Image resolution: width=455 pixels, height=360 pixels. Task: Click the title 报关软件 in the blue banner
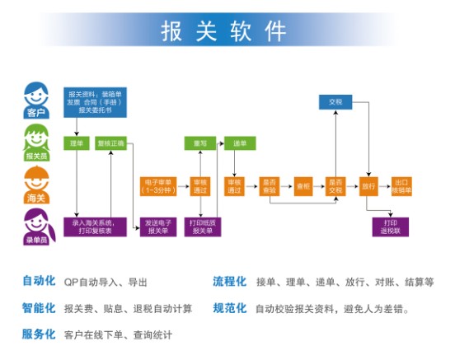click(223, 30)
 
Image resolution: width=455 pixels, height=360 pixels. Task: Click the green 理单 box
click(77, 143)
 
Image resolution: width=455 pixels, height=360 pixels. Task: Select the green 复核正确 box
click(110, 143)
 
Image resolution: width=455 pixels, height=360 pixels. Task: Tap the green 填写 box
click(198, 143)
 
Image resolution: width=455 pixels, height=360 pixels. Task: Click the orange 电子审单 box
click(157, 186)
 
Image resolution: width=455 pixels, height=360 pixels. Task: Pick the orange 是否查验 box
click(269, 186)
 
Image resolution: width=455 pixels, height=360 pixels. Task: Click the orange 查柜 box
click(303, 186)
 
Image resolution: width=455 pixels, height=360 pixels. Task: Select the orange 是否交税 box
click(335, 186)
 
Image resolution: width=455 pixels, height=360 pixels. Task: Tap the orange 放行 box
click(368, 186)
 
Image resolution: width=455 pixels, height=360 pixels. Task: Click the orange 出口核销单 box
click(403, 186)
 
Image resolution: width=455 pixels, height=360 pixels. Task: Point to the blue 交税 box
click(335, 101)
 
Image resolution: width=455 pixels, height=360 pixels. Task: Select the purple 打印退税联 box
click(391, 226)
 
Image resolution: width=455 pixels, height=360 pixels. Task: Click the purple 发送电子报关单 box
click(158, 227)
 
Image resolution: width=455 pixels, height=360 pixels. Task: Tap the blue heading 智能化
click(39, 308)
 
